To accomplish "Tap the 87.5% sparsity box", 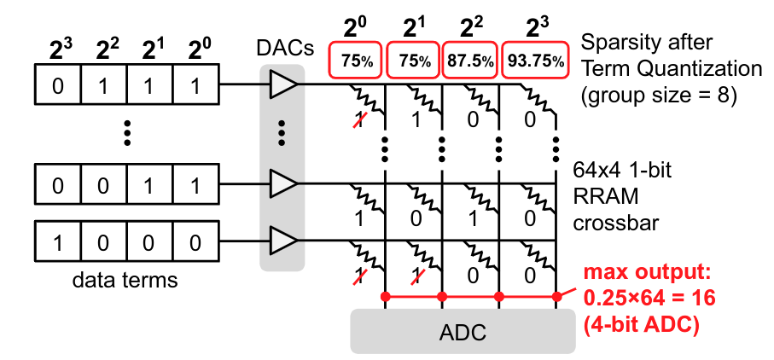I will (x=469, y=61).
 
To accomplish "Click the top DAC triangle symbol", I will (x=282, y=84).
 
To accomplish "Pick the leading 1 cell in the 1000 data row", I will (x=57, y=242).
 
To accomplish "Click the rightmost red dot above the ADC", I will (x=556, y=296).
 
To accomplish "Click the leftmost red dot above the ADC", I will (x=386, y=296).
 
